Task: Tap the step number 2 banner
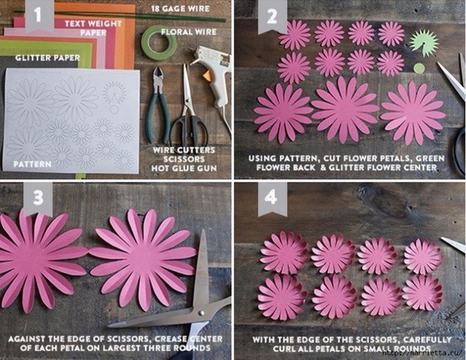click(272, 16)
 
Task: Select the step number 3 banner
click(38, 199)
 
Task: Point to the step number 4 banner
click(272, 199)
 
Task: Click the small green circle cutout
click(419, 68)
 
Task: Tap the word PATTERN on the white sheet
click(32, 164)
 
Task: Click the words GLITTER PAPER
click(47, 57)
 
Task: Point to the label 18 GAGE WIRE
click(180, 9)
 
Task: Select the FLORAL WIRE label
click(189, 32)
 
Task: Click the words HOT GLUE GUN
click(184, 168)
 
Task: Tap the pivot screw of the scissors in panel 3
click(201, 313)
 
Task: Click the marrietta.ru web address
click(423, 353)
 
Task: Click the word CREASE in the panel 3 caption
click(171, 339)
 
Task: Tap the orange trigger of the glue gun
click(208, 76)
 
